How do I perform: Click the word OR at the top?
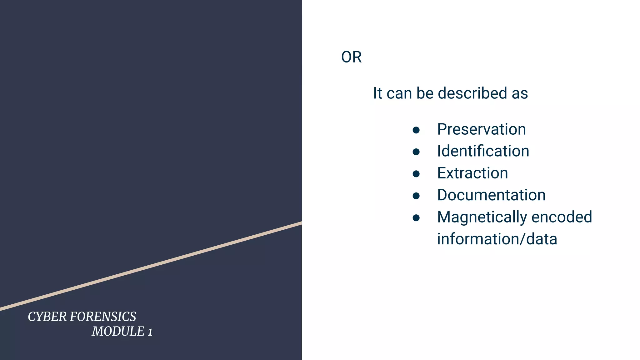pos(351,57)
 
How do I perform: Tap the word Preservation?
pos(481,129)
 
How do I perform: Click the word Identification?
pos(483,151)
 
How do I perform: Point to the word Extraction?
pos(472,173)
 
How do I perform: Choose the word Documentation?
pos(491,195)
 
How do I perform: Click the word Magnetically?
pos(482,217)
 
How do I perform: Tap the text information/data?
pos(497,239)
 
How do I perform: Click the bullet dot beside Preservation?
pos(416,130)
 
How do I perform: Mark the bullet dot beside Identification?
pos(416,152)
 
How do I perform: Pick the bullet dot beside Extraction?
pos(416,174)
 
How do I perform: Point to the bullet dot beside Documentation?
pos(416,196)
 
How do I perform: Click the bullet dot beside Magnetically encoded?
pos(416,218)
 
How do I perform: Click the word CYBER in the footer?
pos(47,317)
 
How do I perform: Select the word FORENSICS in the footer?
pos(103,317)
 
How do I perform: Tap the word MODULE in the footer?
pos(118,332)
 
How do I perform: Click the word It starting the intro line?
pos(377,93)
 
